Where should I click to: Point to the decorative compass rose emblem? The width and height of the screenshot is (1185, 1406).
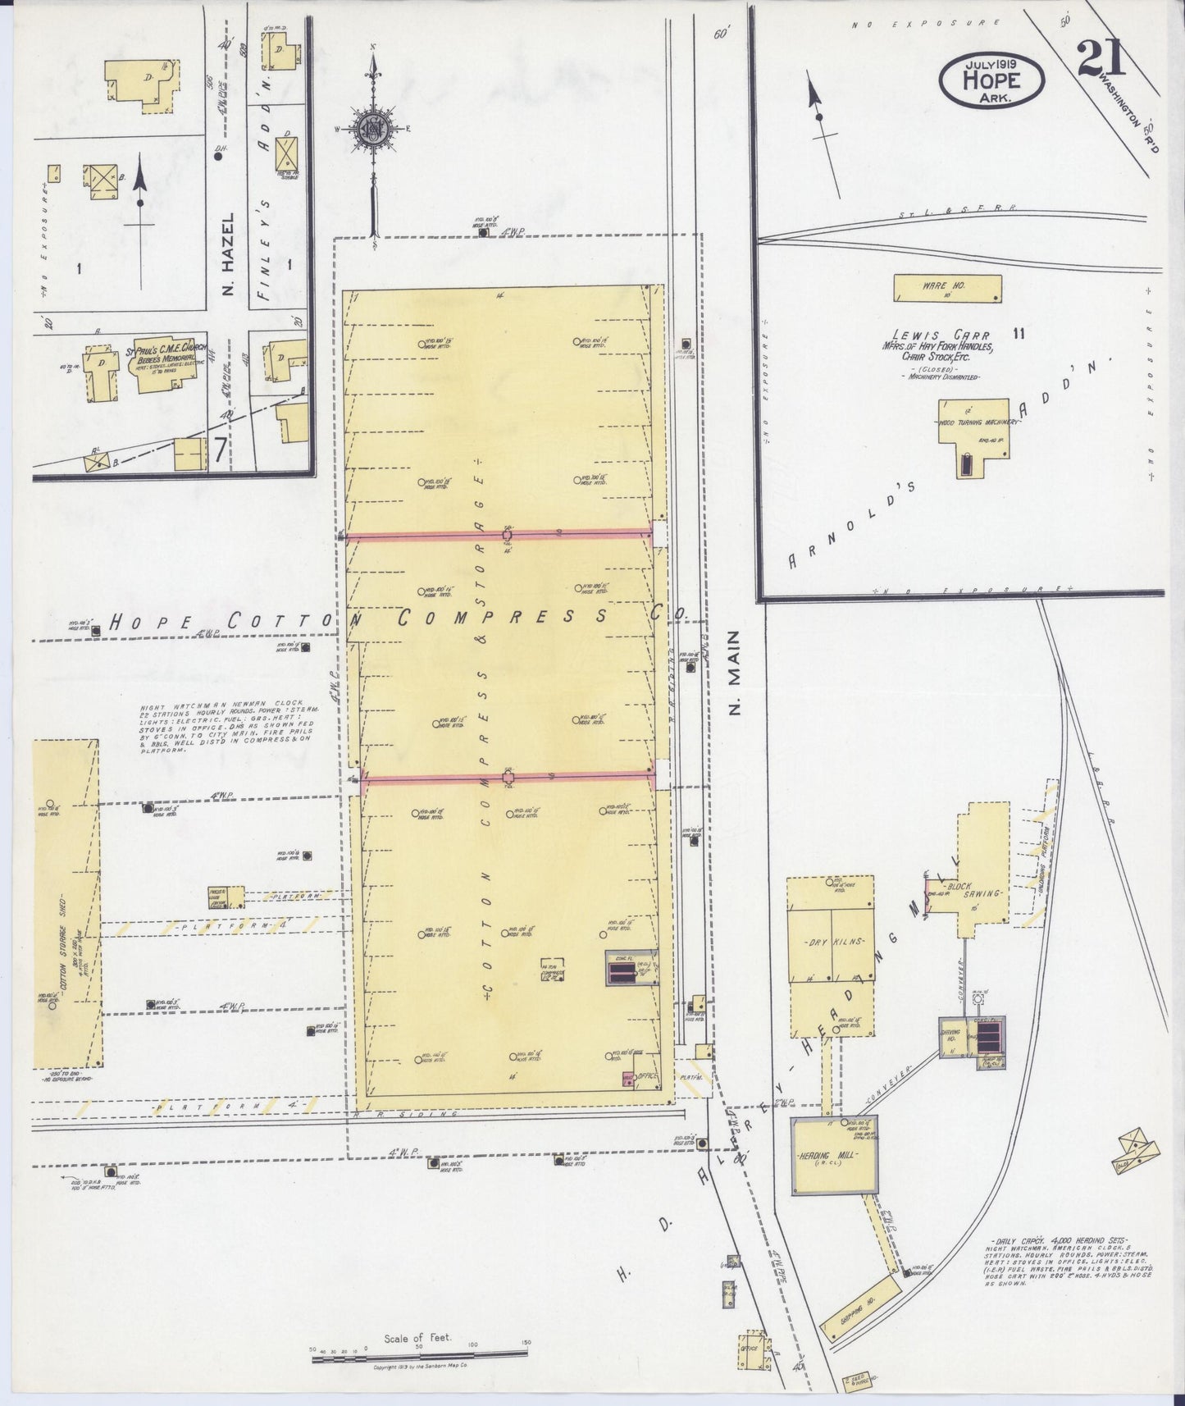pyautogui.click(x=373, y=128)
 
